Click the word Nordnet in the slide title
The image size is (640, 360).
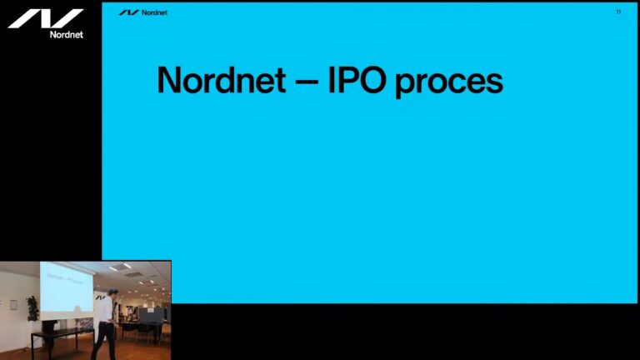222,80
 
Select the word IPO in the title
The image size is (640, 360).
357,80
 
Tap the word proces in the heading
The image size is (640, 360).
449,82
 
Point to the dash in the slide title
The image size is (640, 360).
307,82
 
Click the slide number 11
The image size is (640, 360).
618,12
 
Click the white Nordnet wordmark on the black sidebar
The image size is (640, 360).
67,35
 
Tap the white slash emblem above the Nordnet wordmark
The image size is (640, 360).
46,18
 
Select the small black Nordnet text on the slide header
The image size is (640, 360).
154,12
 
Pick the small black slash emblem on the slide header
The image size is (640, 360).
129,12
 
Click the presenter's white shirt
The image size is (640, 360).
107,309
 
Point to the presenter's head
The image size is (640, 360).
113,293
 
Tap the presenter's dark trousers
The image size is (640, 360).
104,340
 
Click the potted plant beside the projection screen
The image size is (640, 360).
32,309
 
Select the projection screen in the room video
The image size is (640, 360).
67,287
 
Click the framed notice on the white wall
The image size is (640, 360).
13,305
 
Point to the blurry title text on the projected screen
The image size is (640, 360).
65,278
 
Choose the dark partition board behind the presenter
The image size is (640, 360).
151,315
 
